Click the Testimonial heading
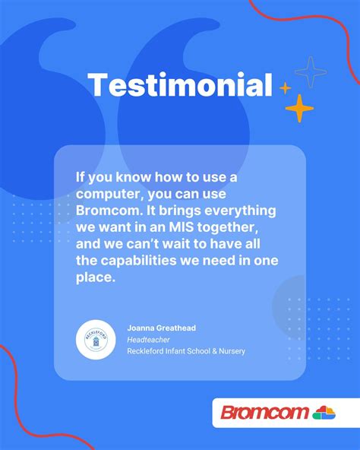pyautogui.click(x=180, y=85)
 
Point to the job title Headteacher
pyautogui.click(x=148, y=339)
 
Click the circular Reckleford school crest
pyautogui.click(x=96, y=340)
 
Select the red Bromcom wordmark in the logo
pyautogui.click(x=264, y=413)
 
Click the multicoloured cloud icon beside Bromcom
pyautogui.click(x=324, y=413)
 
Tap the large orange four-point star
pyautogui.click(x=299, y=109)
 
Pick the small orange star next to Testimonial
pyautogui.click(x=285, y=88)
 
